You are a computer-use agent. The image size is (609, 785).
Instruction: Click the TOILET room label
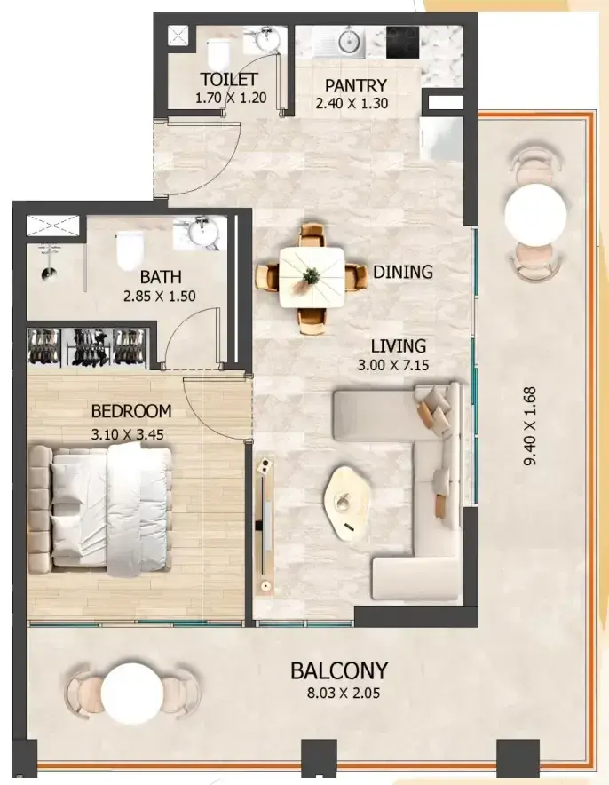229,79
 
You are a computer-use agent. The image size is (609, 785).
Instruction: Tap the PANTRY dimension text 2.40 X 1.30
352,103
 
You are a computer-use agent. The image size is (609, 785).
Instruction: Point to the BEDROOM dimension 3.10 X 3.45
127,434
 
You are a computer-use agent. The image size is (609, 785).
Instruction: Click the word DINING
403,272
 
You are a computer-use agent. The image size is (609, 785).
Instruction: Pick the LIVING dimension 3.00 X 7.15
392,365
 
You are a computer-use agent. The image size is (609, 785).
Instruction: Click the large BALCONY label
339,670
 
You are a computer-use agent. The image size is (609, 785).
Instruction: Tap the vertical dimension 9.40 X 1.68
530,426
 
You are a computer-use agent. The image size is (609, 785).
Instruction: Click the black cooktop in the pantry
402,42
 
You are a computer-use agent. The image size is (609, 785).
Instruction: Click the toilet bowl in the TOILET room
217,53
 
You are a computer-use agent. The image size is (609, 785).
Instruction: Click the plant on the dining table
312,275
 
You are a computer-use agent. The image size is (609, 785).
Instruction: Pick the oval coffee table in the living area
346,504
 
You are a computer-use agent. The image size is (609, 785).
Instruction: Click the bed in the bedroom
100,510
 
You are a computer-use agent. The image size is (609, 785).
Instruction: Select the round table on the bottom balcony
132,694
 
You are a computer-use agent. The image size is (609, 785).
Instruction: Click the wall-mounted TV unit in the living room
265,526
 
